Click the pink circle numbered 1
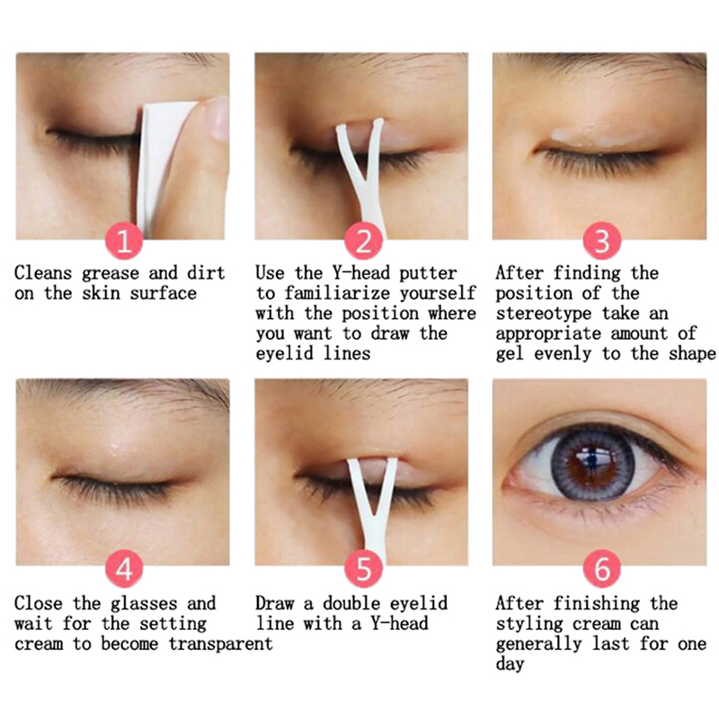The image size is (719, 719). (124, 241)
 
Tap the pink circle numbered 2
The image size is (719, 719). (364, 241)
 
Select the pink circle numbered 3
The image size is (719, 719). (602, 241)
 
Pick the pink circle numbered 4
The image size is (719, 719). (124, 569)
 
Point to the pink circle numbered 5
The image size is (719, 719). (364, 569)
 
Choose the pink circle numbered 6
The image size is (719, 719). (602, 569)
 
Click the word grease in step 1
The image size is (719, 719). (111, 274)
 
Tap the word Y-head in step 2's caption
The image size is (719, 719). (361, 273)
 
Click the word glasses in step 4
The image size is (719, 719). (144, 604)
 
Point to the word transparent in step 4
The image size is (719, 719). (221, 644)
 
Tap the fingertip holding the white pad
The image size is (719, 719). (215, 119)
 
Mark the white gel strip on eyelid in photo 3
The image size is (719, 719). (591, 137)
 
